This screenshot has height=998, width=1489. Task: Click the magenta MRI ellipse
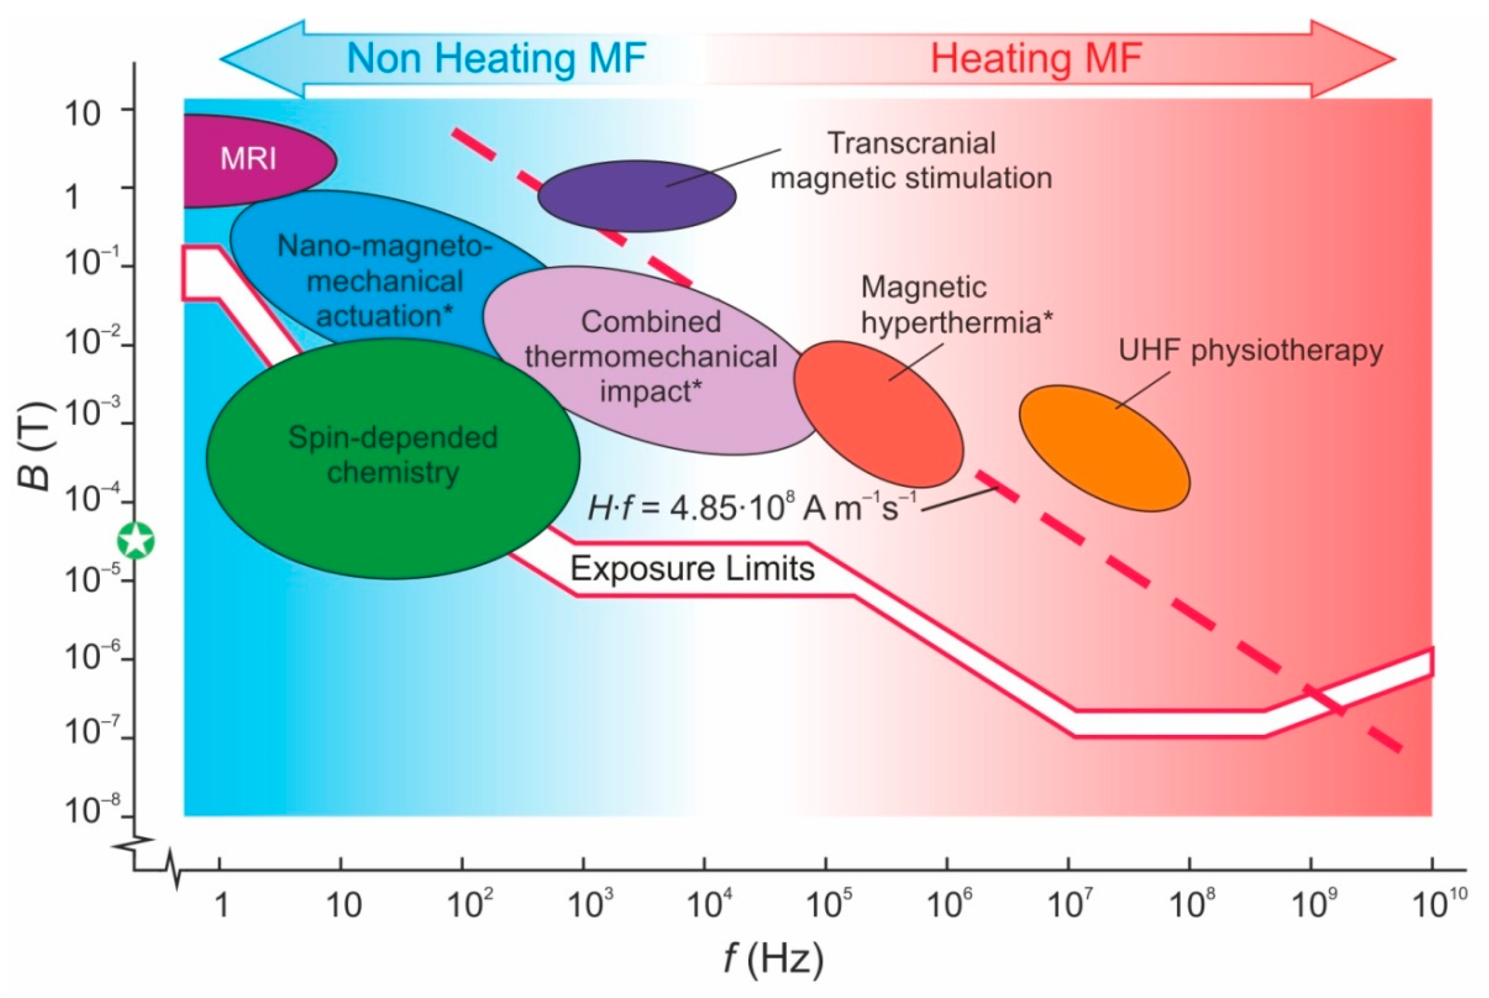tap(255, 159)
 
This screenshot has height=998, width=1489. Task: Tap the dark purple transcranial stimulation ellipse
tap(637, 196)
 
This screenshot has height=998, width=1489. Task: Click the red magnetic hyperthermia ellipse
tap(878, 413)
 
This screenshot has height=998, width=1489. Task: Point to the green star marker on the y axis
tap(136, 541)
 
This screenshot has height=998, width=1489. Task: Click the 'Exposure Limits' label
tap(692, 568)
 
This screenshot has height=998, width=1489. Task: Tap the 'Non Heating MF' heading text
tap(496, 59)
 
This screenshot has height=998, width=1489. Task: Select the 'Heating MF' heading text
tap(1036, 59)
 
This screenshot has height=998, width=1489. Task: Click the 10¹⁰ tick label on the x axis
tap(1441, 904)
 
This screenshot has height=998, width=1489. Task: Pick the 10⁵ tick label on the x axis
tap(828, 904)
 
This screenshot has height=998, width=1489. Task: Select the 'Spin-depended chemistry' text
tap(393, 455)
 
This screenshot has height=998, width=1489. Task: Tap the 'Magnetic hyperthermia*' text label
tap(955, 305)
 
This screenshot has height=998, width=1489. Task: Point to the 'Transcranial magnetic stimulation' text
tap(911, 161)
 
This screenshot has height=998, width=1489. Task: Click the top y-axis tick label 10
tap(83, 115)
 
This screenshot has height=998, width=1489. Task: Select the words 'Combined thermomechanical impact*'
tap(651, 357)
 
